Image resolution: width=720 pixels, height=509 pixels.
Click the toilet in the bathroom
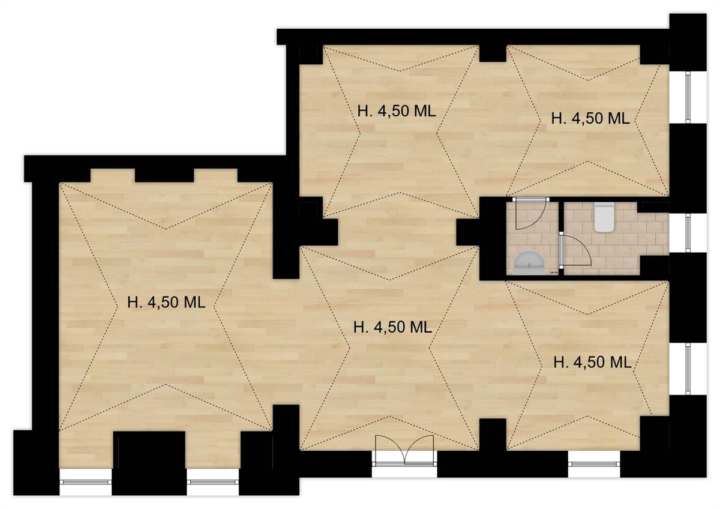(604, 217)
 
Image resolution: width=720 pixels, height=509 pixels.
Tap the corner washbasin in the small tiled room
(529, 263)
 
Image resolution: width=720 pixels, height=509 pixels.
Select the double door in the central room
(404, 450)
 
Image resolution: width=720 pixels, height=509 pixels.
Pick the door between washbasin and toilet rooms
(575, 250)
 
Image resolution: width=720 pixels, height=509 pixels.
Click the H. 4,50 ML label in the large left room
(166, 303)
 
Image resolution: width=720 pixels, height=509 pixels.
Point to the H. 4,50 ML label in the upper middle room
(397, 111)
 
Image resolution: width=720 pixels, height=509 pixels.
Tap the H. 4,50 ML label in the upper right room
(590, 118)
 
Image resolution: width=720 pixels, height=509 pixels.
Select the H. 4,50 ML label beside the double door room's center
(392, 327)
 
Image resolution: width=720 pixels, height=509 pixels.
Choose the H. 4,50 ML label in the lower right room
(592, 363)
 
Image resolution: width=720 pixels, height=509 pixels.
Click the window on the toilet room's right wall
(688, 233)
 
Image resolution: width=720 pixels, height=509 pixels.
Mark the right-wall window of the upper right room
(688, 97)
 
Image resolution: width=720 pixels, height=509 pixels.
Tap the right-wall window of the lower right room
(688, 369)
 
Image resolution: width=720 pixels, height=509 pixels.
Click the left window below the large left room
(85, 481)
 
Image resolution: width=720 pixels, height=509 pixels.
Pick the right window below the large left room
(213, 481)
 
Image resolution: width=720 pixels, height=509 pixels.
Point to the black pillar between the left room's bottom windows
(149, 463)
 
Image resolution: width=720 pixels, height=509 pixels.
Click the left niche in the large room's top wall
(113, 175)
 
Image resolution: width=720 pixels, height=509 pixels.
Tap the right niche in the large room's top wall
(215, 175)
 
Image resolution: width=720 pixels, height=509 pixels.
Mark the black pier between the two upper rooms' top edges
(493, 53)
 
